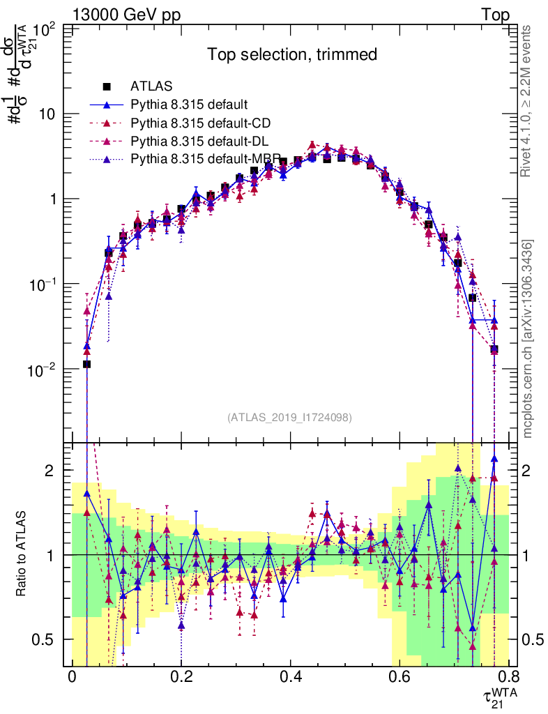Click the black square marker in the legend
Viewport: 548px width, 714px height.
107,87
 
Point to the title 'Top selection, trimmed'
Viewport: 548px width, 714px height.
292,54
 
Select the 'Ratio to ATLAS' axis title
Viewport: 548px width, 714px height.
22,554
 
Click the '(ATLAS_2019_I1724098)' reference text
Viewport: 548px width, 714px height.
289,418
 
